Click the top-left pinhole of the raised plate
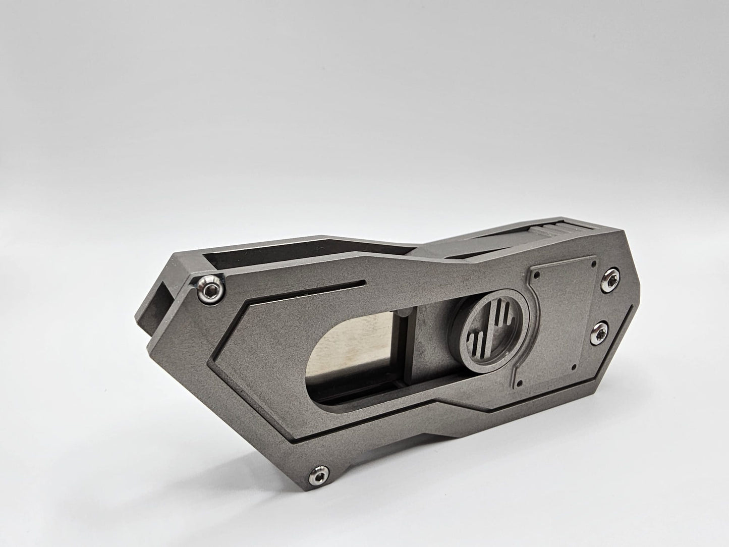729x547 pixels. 537,276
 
